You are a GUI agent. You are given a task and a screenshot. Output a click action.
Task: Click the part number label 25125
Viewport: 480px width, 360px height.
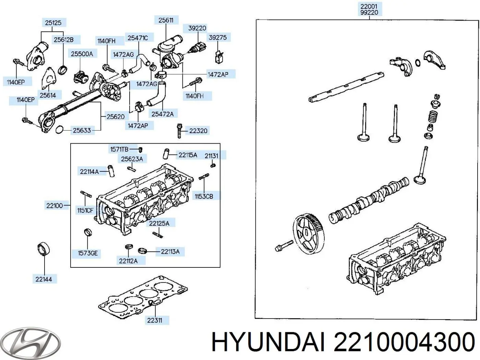click(x=53, y=23)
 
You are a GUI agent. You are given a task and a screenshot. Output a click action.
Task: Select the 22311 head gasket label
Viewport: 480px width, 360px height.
click(x=154, y=320)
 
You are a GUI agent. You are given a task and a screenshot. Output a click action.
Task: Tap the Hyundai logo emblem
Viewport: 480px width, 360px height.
click(x=30, y=343)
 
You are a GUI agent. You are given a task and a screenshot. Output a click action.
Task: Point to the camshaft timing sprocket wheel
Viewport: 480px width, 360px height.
click(x=308, y=233)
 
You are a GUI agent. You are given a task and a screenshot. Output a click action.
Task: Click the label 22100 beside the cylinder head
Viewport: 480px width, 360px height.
click(x=55, y=206)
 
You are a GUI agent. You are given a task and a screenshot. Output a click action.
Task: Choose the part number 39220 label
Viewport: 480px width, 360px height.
click(x=197, y=28)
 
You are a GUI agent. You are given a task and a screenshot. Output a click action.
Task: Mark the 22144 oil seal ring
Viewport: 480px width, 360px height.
click(x=44, y=249)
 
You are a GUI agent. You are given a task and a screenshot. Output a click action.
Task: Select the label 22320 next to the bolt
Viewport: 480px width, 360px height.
click(x=198, y=131)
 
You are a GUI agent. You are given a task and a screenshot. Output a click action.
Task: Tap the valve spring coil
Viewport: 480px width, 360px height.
click(x=433, y=117)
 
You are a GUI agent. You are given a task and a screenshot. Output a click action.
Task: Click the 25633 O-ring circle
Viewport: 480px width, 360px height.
click(x=59, y=130)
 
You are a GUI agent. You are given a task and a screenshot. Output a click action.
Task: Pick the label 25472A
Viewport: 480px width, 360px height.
click(x=163, y=114)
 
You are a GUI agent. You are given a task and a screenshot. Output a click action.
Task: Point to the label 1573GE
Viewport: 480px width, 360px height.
click(x=88, y=253)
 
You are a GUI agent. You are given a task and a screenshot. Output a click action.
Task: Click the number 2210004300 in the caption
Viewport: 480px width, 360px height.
click(x=404, y=342)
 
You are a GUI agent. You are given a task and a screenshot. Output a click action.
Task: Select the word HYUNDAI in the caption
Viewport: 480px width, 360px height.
click(x=268, y=342)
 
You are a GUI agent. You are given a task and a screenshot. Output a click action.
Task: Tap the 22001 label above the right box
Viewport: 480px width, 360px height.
click(x=369, y=6)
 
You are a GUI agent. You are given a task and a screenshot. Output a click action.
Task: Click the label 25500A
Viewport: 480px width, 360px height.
click(x=82, y=54)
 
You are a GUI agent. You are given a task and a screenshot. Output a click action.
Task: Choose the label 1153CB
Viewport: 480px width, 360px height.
click(x=204, y=196)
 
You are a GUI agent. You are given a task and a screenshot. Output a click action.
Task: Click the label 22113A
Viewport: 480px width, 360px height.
click(x=170, y=252)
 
